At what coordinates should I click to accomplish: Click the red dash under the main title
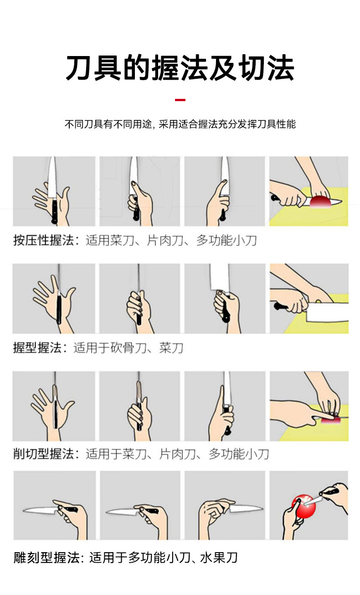click(x=180, y=100)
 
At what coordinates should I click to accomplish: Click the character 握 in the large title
click(x=166, y=67)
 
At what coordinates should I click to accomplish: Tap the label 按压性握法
click(x=44, y=241)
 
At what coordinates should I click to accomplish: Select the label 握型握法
click(x=37, y=348)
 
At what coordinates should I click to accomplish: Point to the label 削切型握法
click(x=44, y=454)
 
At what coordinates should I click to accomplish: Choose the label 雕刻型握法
click(x=46, y=558)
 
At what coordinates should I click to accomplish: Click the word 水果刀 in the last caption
click(x=219, y=558)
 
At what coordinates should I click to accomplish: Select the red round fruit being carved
click(x=304, y=506)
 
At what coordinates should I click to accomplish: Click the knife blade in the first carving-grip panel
click(x=40, y=509)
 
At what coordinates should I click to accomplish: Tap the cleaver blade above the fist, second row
click(x=220, y=277)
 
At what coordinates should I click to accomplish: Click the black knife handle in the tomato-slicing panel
click(x=275, y=198)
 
